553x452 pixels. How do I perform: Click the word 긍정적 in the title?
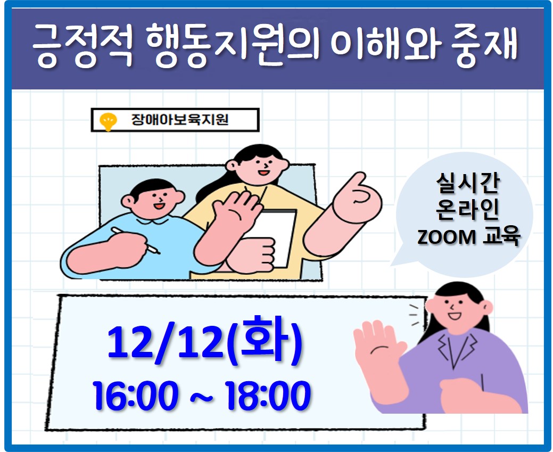[x=82, y=46]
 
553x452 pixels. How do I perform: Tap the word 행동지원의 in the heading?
[x=233, y=46]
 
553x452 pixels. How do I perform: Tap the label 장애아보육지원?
[x=180, y=120]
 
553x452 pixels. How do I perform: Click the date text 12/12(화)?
[x=204, y=341]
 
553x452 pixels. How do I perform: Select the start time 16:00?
[x=136, y=395]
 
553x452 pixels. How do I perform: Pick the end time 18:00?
[x=268, y=395]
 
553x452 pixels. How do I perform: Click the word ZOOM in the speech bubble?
[x=447, y=237]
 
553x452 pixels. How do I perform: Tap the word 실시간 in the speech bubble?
[x=468, y=183]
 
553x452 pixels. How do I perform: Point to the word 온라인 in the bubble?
[x=468, y=210]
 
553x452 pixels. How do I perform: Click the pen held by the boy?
[x=136, y=240]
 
